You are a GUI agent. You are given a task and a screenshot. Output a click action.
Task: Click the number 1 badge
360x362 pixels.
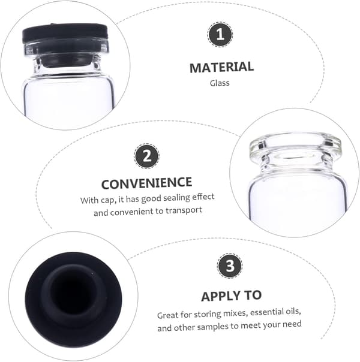pyautogui.click(x=220, y=35)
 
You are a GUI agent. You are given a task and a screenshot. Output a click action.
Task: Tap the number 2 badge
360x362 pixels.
pyautogui.click(x=147, y=156)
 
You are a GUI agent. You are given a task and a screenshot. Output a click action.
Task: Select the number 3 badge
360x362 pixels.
pyautogui.click(x=230, y=266)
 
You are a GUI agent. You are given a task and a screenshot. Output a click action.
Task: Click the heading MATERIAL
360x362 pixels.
pyautogui.click(x=221, y=67)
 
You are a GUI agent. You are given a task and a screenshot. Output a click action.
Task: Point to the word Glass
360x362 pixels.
pyautogui.click(x=220, y=83)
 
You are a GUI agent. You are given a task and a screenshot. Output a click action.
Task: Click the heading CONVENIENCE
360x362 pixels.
pyautogui.click(x=147, y=183)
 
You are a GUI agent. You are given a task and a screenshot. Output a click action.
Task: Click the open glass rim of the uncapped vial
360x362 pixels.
pyautogui.click(x=295, y=144)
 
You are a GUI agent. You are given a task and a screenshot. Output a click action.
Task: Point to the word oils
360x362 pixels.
pyautogui.click(x=293, y=311)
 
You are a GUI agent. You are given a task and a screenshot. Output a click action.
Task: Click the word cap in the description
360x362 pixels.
pyautogui.click(x=107, y=200)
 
